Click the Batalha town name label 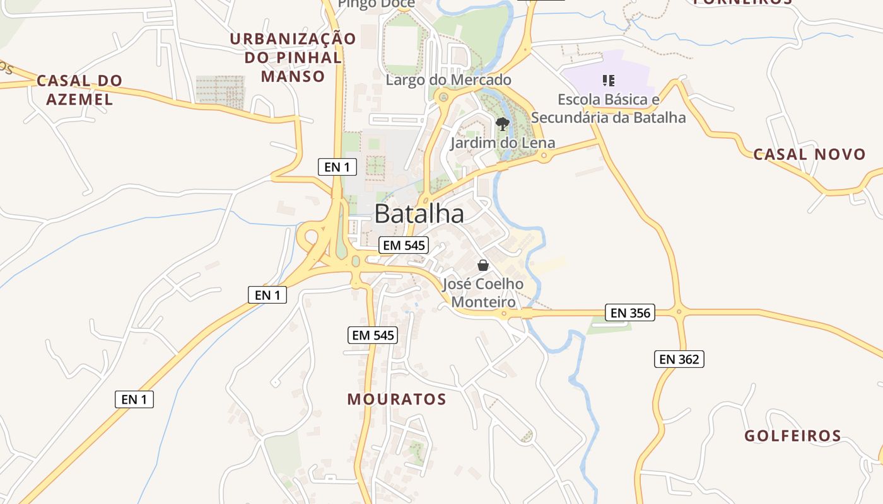(419, 214)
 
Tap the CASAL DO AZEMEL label (79, 89)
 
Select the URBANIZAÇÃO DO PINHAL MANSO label (293, 57)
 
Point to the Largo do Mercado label (448, 80)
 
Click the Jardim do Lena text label (503, 143)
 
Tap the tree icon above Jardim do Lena (502, 124)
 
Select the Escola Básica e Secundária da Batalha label (608, 108)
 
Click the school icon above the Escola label (608, 80)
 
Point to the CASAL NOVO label (809, 154)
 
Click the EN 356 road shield (630, 312)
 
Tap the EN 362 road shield (679, 359)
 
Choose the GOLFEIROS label (793, 435)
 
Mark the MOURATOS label (397, 399)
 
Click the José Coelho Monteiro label (483, 293)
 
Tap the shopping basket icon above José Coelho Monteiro (483, 265)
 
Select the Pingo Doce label (377, 4)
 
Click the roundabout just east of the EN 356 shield (679, 311)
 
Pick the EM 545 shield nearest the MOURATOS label (373, 335)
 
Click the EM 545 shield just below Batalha (404, 245)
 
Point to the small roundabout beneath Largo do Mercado (443, 97)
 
